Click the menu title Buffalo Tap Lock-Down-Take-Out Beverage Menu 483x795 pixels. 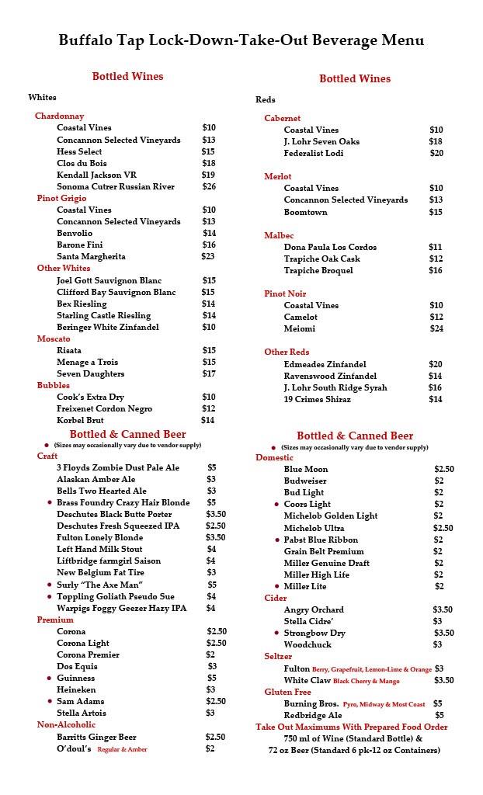(241, 40)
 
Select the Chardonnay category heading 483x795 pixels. (60, 116)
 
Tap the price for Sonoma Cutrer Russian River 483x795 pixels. (209, 186)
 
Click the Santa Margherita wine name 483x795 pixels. (91, 256)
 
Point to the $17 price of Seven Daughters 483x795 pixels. (209, 373)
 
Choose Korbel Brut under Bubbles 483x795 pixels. (80, 420)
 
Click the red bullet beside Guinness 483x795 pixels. (50, 679)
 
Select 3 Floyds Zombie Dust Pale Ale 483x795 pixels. (118, 467)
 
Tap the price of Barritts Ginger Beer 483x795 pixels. (215, 737)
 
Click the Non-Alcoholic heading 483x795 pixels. (67, 724)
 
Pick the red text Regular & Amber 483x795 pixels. (122, 749)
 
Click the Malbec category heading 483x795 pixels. (279, 235)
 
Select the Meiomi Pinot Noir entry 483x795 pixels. (300, 328)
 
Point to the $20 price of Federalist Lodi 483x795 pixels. (436, 153)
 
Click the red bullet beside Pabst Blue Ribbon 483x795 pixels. (277, 540)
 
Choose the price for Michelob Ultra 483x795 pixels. (443, 528)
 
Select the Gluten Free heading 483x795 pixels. (287, 692)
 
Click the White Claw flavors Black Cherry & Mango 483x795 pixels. (367, 681)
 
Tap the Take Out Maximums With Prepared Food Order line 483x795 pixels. (352, 727)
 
